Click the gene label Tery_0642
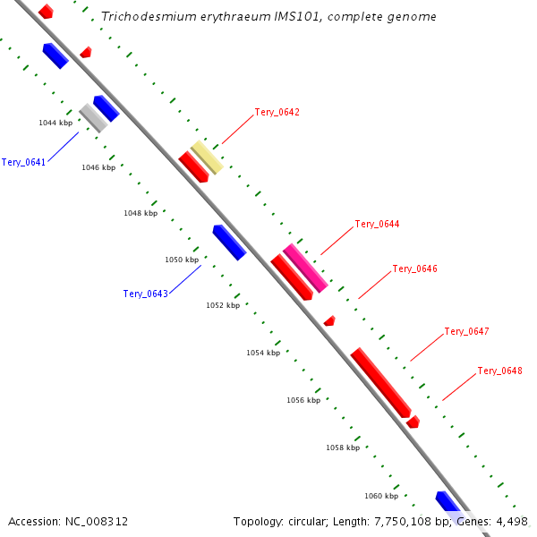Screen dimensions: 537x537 [x=277, y=113]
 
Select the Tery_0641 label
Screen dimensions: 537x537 [x=23, y=162]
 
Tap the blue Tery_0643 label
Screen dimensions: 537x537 [x=145, y=294]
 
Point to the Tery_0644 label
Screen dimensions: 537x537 [x=377, y=224]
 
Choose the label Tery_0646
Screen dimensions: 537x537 [x=414, y=268]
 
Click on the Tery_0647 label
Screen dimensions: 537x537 [x=466, y=331]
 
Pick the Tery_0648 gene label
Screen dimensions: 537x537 [x=499, y=371]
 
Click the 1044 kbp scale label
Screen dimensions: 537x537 [x=55, y=123]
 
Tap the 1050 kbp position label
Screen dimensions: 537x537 [x=182, y=260]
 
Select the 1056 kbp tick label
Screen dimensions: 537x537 [x=303, y=400]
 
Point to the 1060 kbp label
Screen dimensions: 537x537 [x=381, y=495]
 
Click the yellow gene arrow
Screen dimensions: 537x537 [x=207, y=157]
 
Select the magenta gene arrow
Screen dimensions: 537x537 [x=305, y=268]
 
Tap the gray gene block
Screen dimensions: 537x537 [x=93, y=117]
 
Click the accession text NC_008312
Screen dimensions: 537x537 [x=96, y=521]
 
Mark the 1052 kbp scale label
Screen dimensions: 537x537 [x=223, y=305]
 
